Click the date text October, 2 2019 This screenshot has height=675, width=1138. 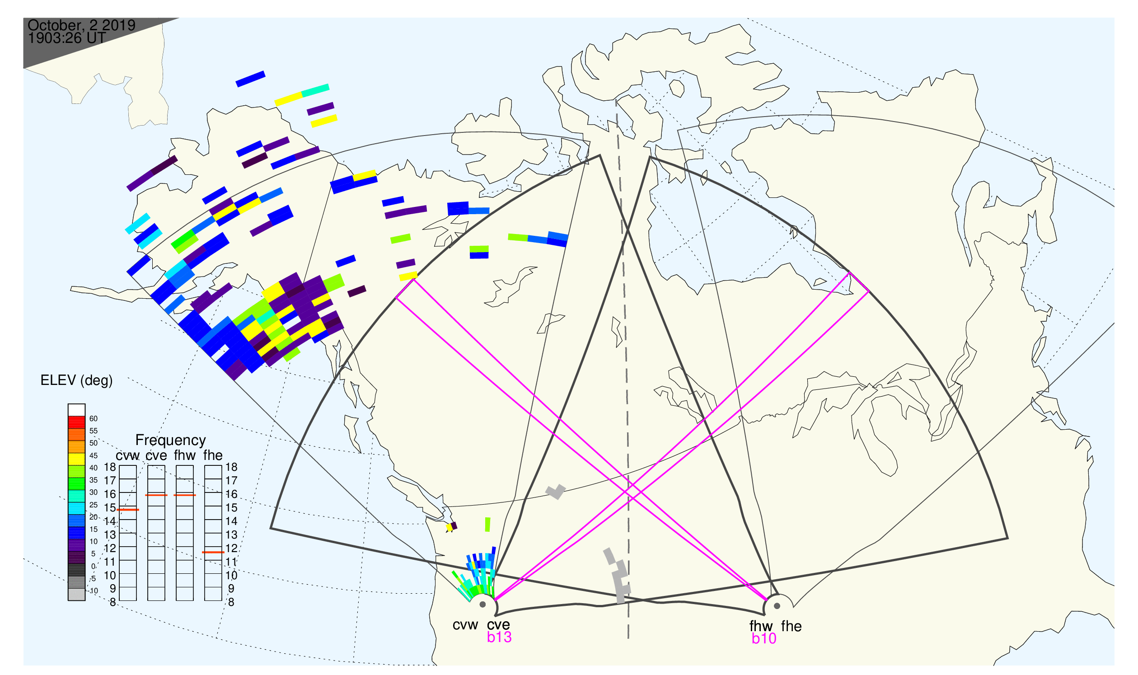click(81, 25)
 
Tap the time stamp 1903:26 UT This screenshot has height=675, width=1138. click(67, 38)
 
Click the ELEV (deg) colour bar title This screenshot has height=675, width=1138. click(76, 381)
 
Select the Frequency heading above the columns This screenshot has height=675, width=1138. click(171, 441)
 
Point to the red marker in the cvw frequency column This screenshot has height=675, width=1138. click(128, 510)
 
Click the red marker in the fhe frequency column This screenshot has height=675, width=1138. click(213, 552)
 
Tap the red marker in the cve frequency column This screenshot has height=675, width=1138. click(156, 495)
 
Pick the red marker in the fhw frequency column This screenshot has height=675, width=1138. click(185, 495)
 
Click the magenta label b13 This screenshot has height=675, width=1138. click(499, 637)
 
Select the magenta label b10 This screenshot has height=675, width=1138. click(763, 639)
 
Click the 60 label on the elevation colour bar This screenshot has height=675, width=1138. click(93, 419)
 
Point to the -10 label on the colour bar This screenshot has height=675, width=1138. click(93, 591)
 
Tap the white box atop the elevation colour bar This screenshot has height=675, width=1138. click(76, 410)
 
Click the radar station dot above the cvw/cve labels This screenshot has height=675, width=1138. click(482, 605)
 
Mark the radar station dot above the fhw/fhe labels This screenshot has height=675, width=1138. click(777, 606)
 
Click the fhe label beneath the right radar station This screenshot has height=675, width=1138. click(791, 626)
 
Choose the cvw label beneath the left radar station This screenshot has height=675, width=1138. click(465, 625)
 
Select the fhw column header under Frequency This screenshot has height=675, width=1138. click(185, 455)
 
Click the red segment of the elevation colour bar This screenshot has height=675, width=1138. click(76, 422)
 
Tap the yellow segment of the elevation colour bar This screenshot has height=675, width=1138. click(76, 459)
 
